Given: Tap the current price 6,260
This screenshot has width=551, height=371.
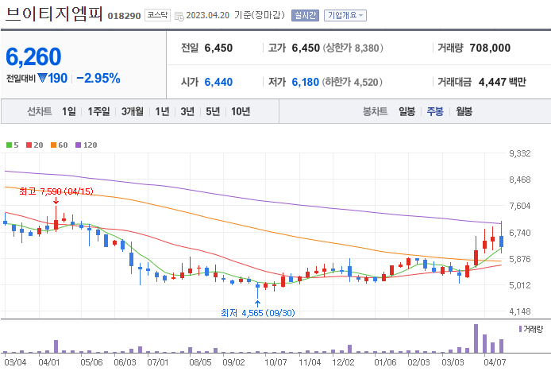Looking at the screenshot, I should tap(33, 56).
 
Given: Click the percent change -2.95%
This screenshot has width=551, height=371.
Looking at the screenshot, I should tap(98, 78).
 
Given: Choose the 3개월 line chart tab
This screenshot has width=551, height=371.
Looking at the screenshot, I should tap(133, 111).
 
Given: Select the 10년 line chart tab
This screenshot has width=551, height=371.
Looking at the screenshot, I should tap(241, 111).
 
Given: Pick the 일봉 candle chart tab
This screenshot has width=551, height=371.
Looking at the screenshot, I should tap(407, 111).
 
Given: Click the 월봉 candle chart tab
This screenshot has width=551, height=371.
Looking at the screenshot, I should tap(464, 111).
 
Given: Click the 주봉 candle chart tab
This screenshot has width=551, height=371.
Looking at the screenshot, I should tap(435, 111).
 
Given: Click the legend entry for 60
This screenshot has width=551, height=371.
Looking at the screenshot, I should tap(60, 145).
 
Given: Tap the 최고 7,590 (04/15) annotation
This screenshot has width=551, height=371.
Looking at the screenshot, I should tap(56, 191).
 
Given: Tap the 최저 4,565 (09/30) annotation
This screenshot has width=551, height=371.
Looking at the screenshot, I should tap(257, 313).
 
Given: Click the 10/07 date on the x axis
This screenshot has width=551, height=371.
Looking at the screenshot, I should tap(275, 362).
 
